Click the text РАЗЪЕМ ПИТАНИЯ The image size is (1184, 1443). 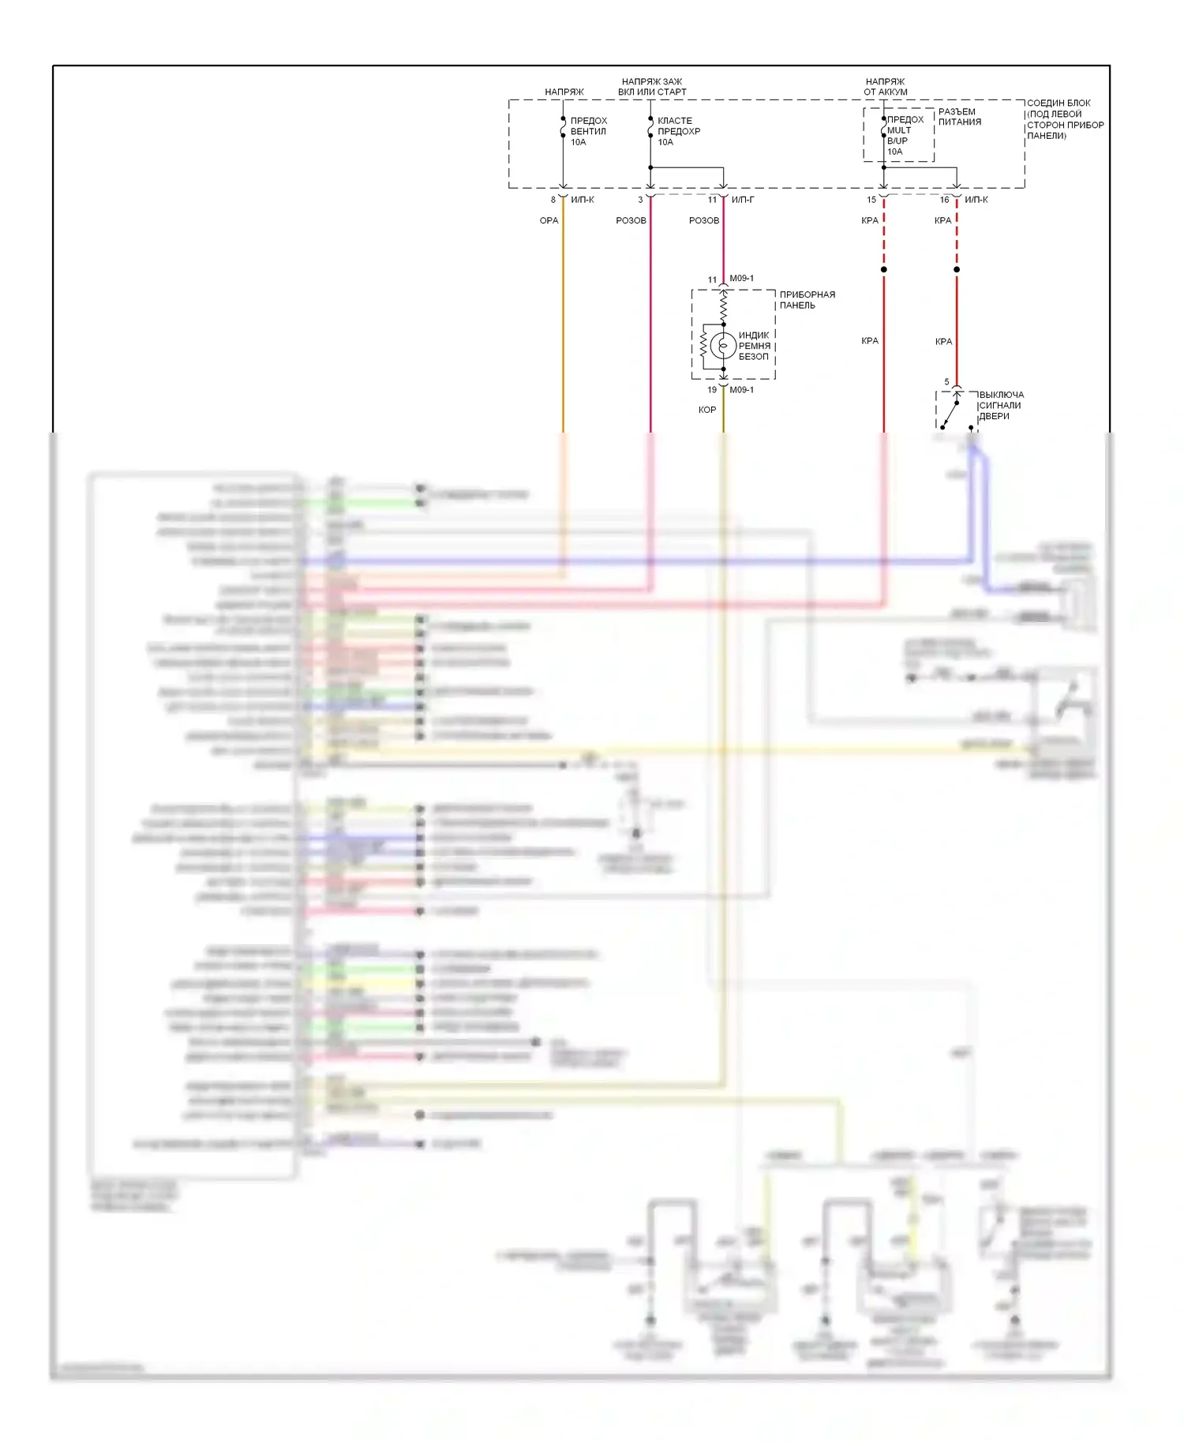pos(959,117)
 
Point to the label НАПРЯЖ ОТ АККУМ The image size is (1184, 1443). pos(885,87)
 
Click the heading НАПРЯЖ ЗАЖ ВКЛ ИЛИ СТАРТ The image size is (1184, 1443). pos(652,87)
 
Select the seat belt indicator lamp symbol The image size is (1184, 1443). pos(722,346)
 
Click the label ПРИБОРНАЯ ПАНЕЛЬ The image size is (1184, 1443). pos(807,300)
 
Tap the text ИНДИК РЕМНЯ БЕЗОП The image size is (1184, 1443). pos(754,346)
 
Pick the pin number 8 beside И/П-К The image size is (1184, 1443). pos(553,200)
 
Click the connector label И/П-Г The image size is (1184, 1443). pos(742,200)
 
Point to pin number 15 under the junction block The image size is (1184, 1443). pos(871,200)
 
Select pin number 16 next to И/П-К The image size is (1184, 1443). pos(944,200)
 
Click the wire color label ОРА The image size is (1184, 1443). pos(549,221)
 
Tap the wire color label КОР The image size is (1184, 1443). pos(707,410)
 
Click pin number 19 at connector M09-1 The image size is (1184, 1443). pos(712,390)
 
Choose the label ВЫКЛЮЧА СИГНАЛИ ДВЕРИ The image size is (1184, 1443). pos(1001,406)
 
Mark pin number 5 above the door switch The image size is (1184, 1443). pos(947,382)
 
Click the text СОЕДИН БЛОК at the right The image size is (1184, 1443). pos(1058,103)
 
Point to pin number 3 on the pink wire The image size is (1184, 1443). pos(640,200)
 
